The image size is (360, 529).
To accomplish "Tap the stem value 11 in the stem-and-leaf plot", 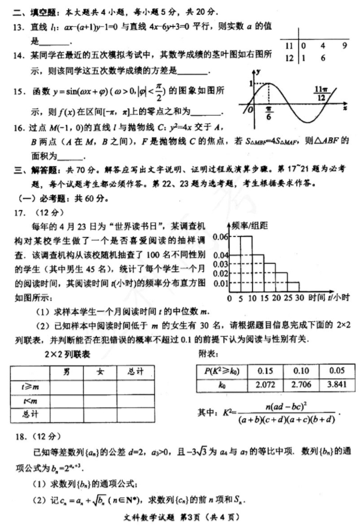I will (x=289, y=45).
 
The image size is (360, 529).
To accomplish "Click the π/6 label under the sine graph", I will (x=269, y=116).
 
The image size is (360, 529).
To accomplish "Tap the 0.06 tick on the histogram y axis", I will (x=220, y=237).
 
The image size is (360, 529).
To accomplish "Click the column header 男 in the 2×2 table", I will (x=66, y=372).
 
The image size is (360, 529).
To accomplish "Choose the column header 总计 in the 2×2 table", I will (x=136, y=372).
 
